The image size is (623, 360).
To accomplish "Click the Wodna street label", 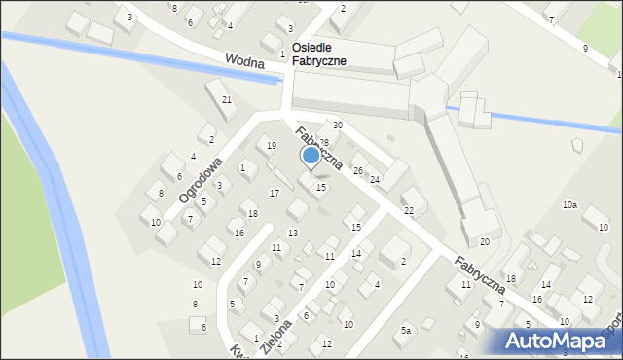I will pos(245,61).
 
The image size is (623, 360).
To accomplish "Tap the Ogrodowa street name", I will pos(201,180).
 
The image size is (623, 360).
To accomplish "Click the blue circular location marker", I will pos(311,156).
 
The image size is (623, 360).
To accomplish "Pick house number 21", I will pos(227,100).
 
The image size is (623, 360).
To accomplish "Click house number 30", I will pos(338,125).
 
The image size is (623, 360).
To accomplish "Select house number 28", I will pos(324,143).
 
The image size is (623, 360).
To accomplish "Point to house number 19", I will pos(271,146).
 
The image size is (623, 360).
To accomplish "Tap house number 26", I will pos(358,170).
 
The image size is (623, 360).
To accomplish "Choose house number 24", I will pos(374,179).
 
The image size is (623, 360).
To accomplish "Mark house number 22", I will pos(409,210).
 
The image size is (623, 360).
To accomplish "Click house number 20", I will pos(484,241).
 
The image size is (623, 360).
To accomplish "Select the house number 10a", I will pos(569,205).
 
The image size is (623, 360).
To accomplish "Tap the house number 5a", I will pos(407,331).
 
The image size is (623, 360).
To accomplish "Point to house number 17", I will pos(275,193).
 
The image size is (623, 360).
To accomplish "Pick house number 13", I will pos(293,233).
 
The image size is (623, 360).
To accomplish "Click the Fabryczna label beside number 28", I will pos(317,148).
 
